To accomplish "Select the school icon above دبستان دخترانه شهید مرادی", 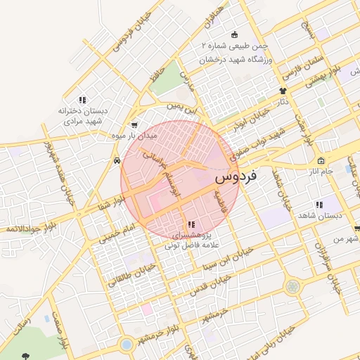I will point(82,101).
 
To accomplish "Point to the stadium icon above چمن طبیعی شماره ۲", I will point(234,35).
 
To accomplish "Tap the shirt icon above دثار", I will point(283,91).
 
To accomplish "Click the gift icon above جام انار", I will point(321,161).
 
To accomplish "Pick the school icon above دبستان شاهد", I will point(319,205).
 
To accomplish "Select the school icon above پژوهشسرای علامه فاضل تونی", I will point(192,225).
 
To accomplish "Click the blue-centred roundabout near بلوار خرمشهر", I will point(126,345).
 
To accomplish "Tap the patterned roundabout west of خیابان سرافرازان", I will point(292,286).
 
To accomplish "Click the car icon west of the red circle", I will point(116,160).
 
